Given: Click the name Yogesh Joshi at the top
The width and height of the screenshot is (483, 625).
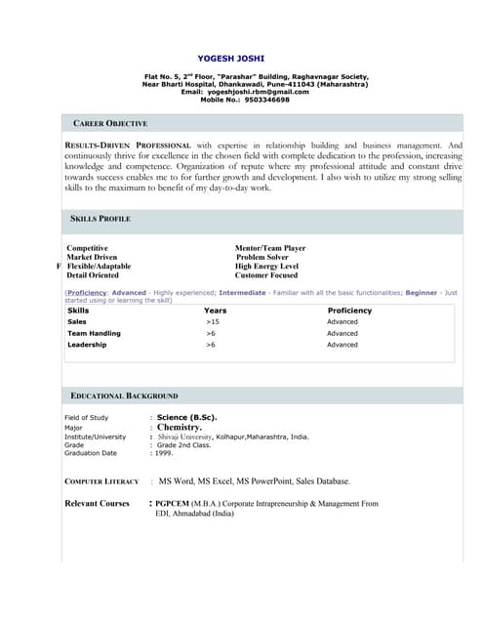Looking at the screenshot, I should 230,59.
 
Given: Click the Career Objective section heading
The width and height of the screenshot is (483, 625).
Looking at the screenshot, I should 110,124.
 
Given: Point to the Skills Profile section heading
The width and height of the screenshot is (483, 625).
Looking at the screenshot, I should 101,219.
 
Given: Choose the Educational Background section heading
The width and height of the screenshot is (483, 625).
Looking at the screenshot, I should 124,396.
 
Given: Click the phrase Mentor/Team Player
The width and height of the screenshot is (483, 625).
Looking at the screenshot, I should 270,248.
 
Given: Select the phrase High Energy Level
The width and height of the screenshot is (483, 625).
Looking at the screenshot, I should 266,266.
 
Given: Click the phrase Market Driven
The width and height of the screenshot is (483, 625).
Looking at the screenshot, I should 93,257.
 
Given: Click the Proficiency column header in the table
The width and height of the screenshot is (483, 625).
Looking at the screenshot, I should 349,311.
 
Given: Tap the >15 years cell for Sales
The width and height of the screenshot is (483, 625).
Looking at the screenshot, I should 212,321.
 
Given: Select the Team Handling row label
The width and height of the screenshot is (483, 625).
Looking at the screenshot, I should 94,333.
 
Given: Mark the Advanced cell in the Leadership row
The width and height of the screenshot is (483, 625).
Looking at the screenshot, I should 342,345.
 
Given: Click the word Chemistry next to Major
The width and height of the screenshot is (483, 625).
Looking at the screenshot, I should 179,427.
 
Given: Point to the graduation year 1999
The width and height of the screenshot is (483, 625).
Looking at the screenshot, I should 163,453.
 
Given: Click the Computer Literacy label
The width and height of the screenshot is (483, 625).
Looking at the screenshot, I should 101,481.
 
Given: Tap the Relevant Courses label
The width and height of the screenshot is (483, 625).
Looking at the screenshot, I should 97,503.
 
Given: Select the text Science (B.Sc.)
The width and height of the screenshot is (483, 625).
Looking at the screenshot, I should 186,417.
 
